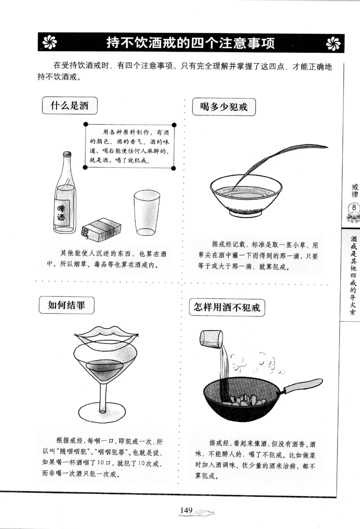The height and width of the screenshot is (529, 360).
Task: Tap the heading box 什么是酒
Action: point(69,106)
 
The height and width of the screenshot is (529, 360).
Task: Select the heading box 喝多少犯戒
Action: point(224,107)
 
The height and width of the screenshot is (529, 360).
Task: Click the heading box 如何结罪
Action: point(66,305)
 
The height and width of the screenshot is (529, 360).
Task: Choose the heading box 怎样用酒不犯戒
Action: point(227,308)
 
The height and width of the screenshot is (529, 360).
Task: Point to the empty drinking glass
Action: point(147,213)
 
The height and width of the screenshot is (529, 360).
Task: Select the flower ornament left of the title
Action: point(50,43)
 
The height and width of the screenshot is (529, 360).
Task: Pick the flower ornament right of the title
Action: point(333,44)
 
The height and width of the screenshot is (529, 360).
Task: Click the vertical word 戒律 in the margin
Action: point(355,191)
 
